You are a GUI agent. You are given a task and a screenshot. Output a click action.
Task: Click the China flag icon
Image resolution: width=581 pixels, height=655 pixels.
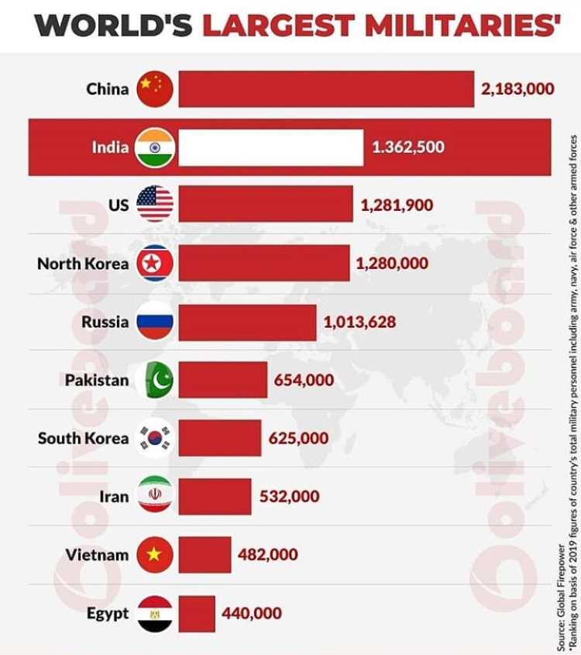(x=155, y=88)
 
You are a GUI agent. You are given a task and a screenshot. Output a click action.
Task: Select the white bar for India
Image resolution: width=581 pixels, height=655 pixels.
(x=270, y=147)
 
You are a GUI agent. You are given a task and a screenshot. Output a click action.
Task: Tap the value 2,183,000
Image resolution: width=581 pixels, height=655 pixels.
(x=517, y=89)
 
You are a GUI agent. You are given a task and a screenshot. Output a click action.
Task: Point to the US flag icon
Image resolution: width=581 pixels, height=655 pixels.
(x=155, y=205)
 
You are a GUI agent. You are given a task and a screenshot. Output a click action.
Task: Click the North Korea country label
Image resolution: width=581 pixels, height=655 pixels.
(x=83, y=264)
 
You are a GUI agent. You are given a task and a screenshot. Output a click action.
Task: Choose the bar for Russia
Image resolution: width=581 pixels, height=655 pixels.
(x=247, y=322)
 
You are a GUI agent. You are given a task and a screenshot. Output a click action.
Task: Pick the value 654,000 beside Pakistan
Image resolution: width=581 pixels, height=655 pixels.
(x=304, y=380)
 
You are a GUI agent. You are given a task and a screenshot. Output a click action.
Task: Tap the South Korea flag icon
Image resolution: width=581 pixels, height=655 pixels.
(x=155, y=438)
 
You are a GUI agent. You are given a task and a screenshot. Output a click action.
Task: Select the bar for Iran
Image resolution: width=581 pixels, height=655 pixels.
(x=215, y=496)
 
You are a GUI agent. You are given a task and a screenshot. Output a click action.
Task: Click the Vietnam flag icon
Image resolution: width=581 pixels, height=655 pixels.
(x=155, y=554)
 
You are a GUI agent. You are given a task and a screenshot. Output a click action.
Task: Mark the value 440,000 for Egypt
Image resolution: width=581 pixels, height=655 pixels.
(x=252, y=613)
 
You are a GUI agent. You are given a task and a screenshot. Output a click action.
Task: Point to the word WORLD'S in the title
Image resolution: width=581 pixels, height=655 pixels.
(x=113, y=25)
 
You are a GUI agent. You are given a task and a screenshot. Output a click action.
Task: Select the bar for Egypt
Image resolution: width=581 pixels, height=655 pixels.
(x=197, y=613)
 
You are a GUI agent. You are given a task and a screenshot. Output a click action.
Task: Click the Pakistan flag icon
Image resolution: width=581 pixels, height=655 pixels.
(x=155, y=380)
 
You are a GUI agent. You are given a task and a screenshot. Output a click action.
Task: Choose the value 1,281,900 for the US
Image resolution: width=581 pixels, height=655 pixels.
(x=397, y=205)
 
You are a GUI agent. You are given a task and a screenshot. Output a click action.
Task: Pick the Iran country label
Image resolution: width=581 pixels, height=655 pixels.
(x=115, y=496)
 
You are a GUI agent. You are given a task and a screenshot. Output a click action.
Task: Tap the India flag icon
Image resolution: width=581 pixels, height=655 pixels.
(x=155, y=147)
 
